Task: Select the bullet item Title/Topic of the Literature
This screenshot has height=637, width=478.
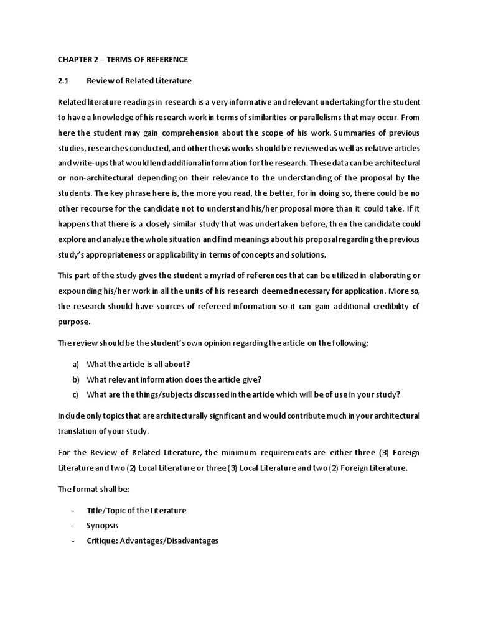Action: (136, 511)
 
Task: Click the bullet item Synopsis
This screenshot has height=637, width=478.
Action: (102, 526)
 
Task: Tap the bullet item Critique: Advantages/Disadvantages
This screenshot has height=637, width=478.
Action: (152, 541)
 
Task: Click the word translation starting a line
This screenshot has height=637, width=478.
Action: (78, 430)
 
